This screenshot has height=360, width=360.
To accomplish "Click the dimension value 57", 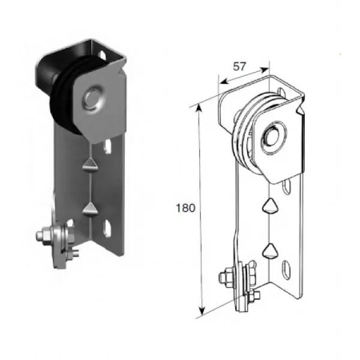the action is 239,67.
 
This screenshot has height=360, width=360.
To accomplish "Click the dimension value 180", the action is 185,208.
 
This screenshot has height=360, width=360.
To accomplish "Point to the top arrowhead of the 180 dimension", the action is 199,108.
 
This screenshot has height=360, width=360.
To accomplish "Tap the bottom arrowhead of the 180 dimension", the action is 202,311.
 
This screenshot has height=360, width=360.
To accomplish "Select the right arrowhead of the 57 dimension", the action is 265,70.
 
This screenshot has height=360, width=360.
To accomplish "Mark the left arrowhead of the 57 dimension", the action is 224,81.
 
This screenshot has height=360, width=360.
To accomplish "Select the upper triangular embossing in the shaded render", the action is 90,164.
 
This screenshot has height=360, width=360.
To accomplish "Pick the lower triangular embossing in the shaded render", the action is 90,209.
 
